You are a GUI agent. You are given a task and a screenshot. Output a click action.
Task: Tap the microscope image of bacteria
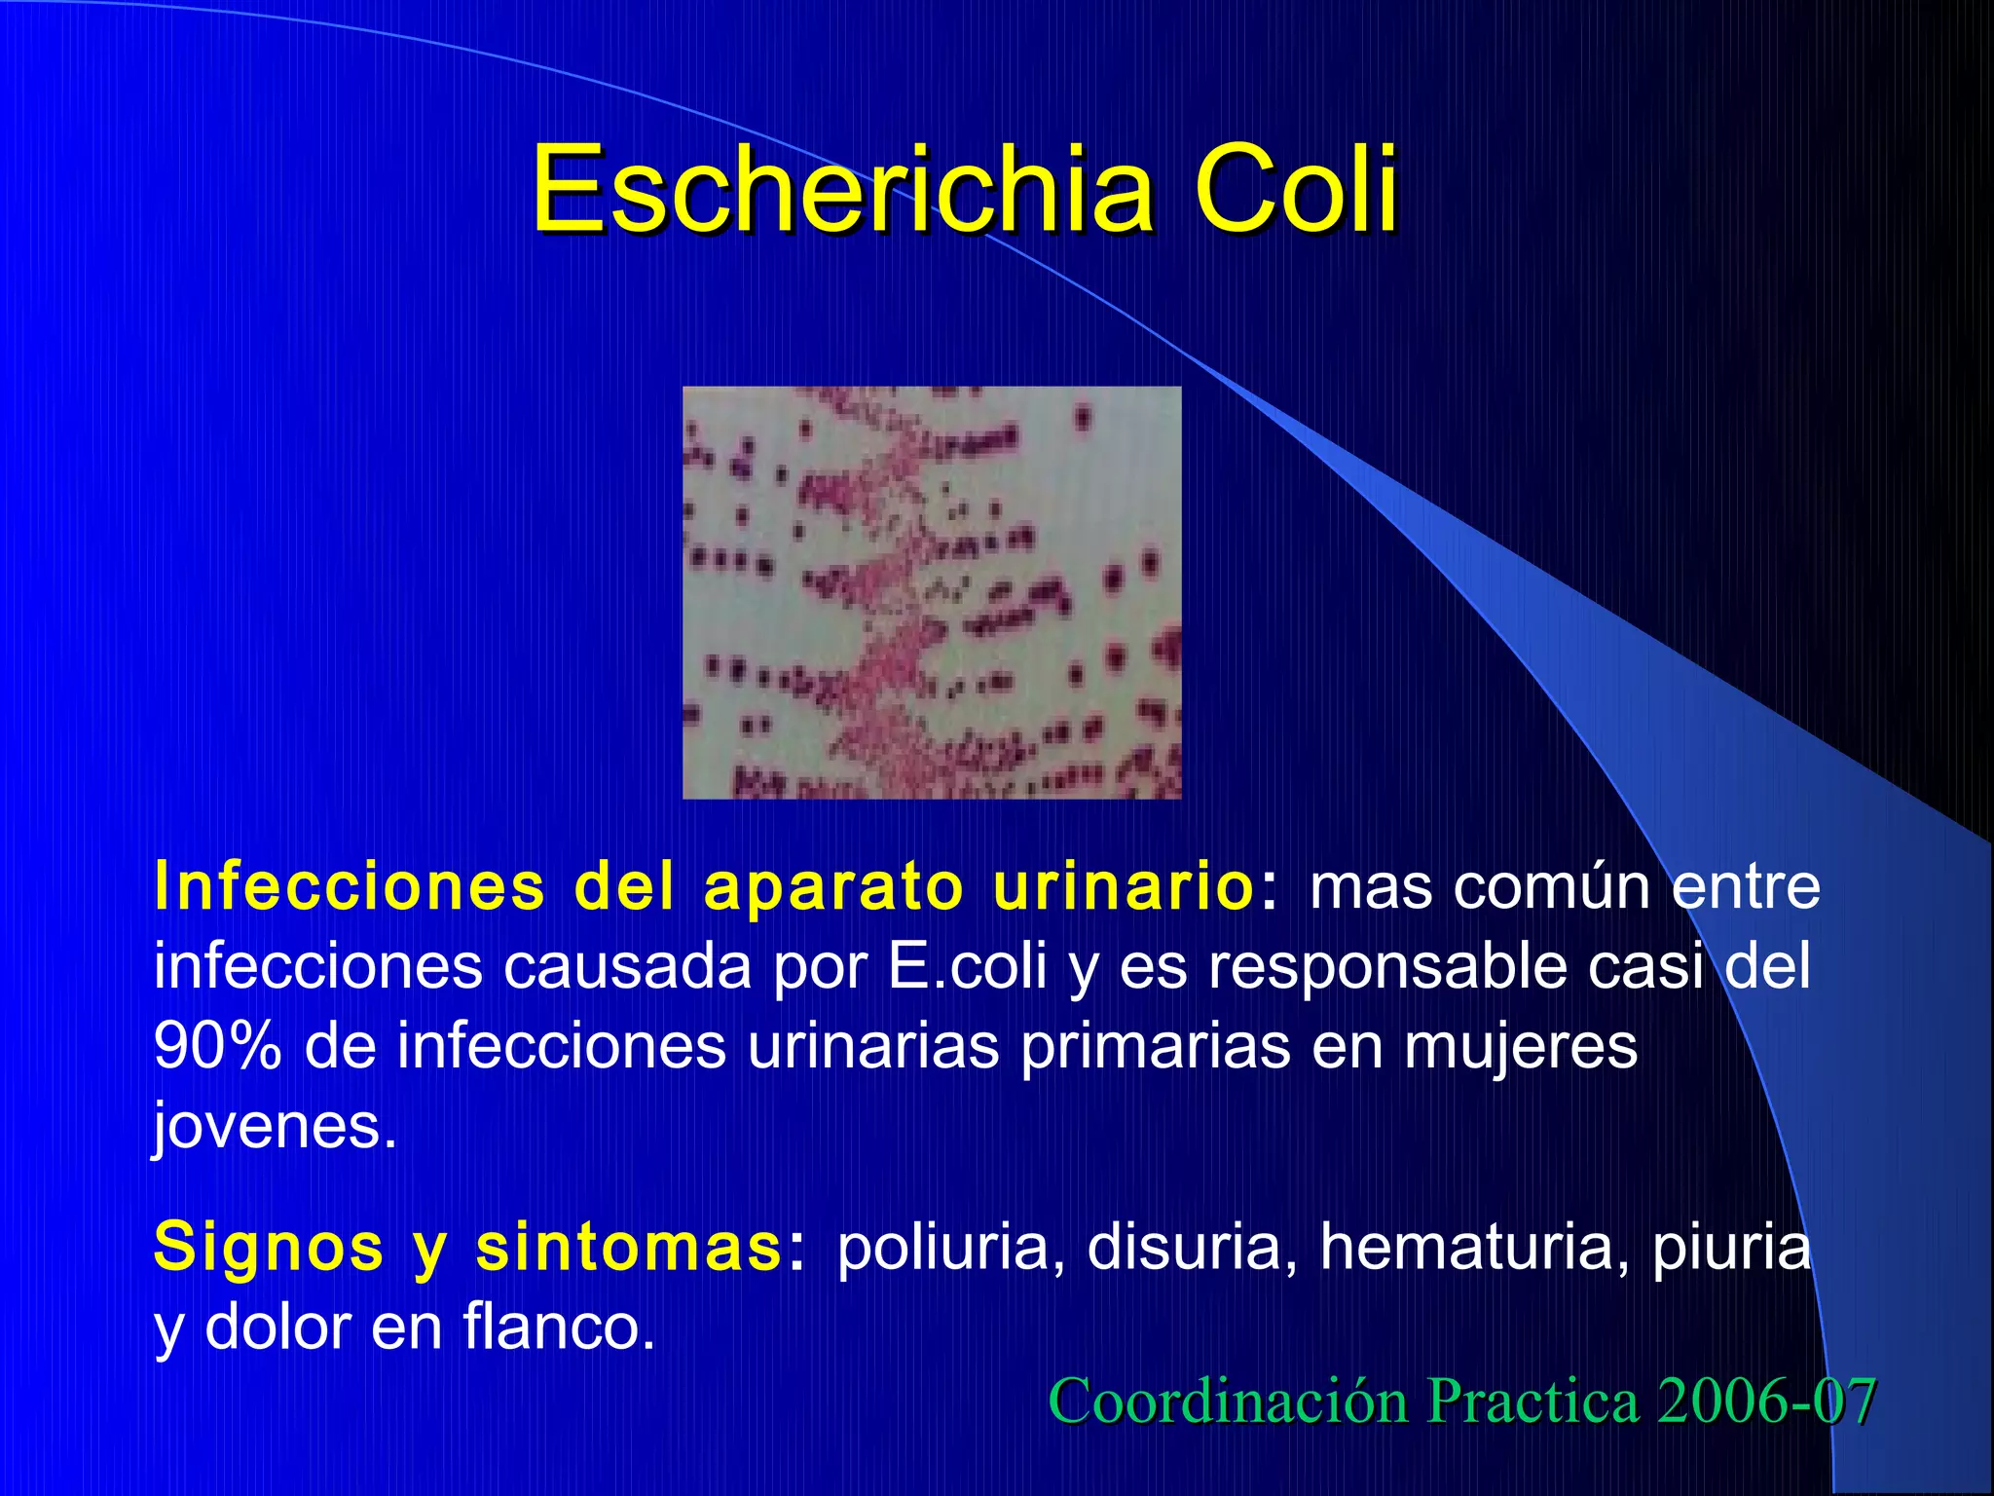(932, 592)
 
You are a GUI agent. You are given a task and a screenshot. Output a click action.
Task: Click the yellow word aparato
(832, 887)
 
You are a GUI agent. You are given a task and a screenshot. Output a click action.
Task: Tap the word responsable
(1386, 967)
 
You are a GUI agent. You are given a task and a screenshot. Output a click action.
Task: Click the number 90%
(217, 1047)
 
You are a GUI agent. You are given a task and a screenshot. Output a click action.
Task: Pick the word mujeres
(1520, 1047)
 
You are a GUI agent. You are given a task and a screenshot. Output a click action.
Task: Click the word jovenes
(275, 1127)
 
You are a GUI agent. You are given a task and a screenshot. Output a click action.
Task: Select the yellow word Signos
(269, 1248)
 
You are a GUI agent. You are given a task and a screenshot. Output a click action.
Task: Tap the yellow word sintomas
(628, 1248)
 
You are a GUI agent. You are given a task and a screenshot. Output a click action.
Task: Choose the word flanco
(558, 1328)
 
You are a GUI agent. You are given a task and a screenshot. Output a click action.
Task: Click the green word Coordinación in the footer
(1228, 1402)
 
